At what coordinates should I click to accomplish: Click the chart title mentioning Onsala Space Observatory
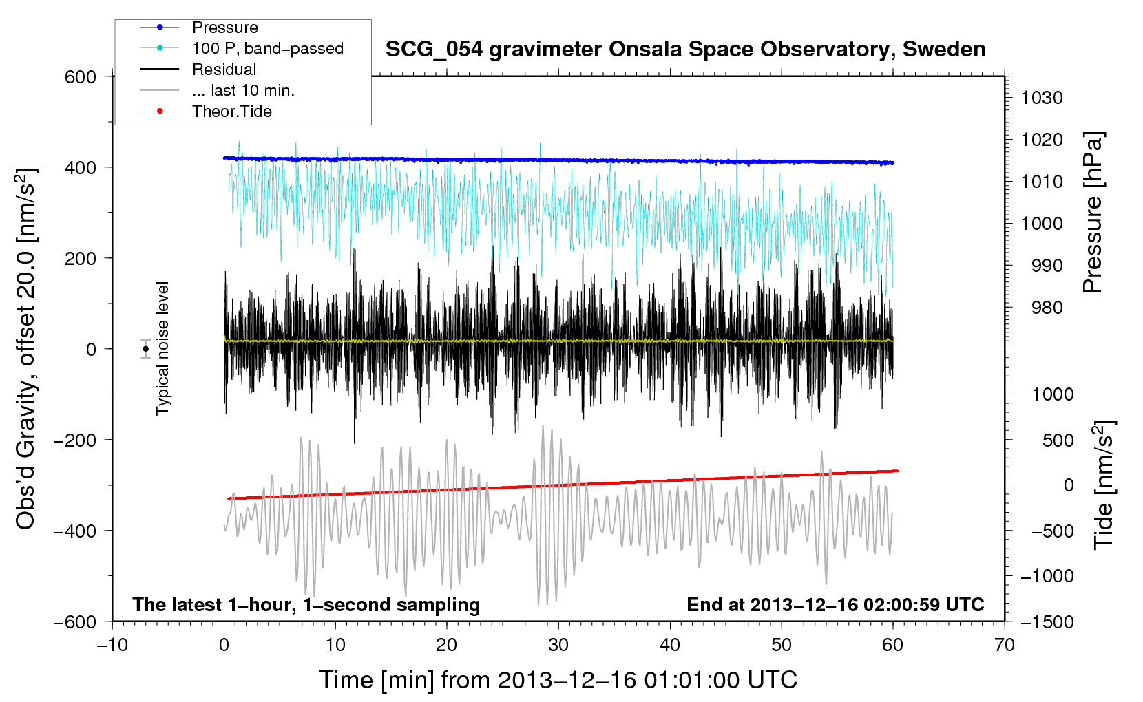pyautogui.click(x=685, y=50)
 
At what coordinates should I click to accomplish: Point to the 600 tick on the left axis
pyautogui.click(x=80, y=77)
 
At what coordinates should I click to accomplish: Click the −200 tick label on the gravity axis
pyautogui.click(x=75, y=440)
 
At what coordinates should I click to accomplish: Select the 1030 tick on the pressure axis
pyautogui.click(x=1042, y=98)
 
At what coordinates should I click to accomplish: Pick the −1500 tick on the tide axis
pyautogui.click(x=1047, y=622)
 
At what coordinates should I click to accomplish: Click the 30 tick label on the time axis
pyautogui.click(x=558, y=645)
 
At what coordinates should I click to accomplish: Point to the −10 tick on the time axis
pyautogui.click(x=112, y=645)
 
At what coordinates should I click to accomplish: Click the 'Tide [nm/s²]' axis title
pyautogui.click(x=1104, y=485)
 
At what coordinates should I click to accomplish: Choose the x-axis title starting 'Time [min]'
pyautogui.click(x=558, y=681)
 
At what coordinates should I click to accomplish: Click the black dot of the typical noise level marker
pyautogui.click(x=146, y=349)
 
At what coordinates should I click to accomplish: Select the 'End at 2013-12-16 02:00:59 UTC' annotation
pyautogui.click(x=835, y=604)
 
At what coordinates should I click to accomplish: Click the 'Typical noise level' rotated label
pyautogui.click(x=162, y=348)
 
